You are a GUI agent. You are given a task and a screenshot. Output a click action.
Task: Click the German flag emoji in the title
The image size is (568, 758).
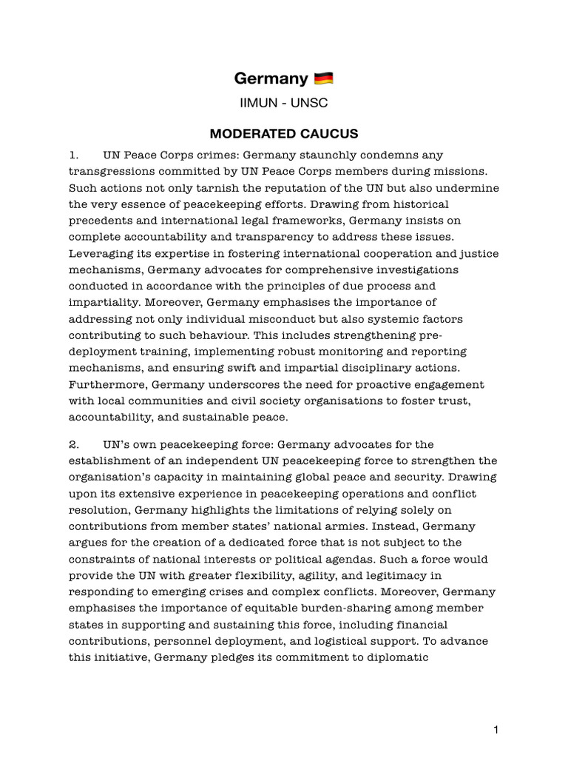324,78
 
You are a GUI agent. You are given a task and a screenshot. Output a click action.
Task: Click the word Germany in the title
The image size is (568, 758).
271,78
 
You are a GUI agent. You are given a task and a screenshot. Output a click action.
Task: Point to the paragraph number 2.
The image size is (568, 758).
73,445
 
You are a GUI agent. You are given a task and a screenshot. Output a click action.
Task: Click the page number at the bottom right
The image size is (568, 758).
496,730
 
